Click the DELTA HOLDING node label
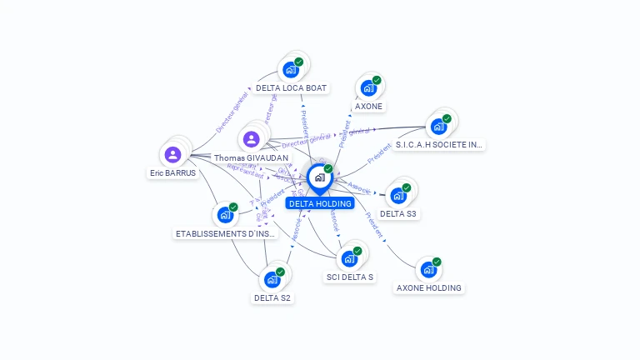click(x=320, y=203)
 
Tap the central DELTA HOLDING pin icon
click(x=319, y=177)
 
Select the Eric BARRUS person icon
click(x=172, y=154)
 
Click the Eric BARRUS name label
click(x=173, y=173)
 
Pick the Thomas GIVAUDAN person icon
click(x=251, y=138)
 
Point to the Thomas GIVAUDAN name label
click(x=251, y=157)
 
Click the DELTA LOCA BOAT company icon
click(x=290, y=69)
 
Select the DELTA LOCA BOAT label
click(x=292, y=87)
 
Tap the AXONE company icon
click(x=367, y=87)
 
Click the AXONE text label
click(x=368, y=107)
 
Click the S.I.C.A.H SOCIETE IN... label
click(x=439, y=145)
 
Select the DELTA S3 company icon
click(x=397, y=195)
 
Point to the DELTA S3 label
click(x=398, y=214)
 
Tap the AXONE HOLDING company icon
click(x=427, y=269)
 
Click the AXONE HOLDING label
click(x=429, y=288)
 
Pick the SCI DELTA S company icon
click(x=348, y=258)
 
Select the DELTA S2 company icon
click(x=272, y=279)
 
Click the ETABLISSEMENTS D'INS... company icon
click(x=224, y=214)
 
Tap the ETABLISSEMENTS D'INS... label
click(x=225, y=234)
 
